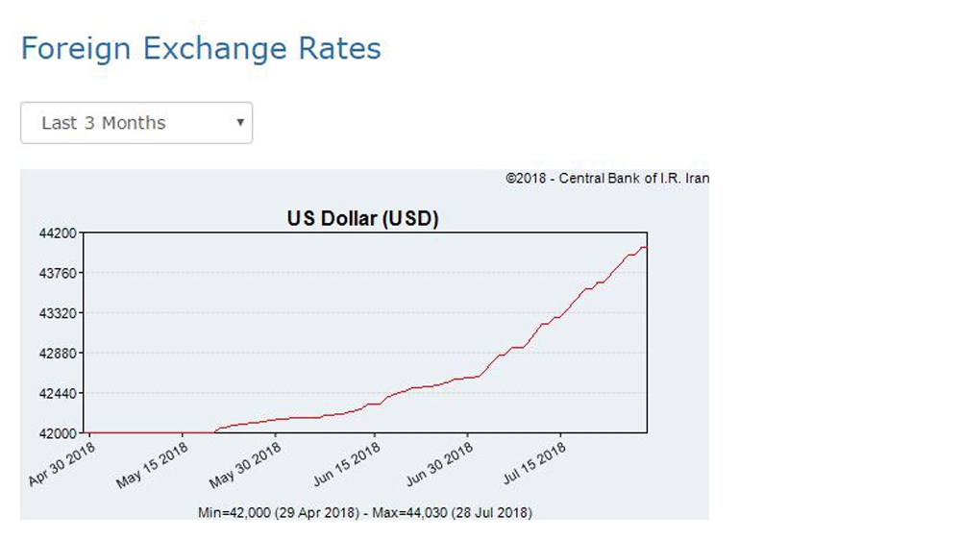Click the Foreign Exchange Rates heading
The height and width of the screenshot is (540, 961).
(201, 48)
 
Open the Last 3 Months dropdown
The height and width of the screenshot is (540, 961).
(136, 123)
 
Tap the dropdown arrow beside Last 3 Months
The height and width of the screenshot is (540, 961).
(239, 122)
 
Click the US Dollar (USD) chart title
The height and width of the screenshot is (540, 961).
(362, 219)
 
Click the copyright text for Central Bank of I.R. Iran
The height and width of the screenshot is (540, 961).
(607, 178)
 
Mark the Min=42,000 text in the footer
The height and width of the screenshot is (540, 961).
(234, 511)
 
